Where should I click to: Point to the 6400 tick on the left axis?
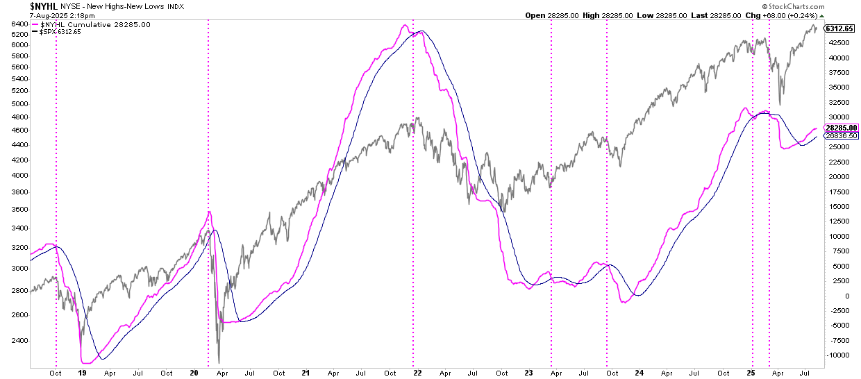[19, 24]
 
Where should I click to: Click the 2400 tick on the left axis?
[19, 341]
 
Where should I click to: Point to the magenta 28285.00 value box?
[841, 128]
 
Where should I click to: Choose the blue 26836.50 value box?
[841, 136]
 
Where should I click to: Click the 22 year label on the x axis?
[417, 373]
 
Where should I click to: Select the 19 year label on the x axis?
[82, 373]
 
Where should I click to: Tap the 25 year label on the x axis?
[753, 373]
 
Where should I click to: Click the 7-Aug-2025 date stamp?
[56, 15]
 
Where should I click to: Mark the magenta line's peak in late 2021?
[404, 26]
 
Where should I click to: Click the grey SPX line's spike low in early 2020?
[219, 362]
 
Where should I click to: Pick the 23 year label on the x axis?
[528, 373]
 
